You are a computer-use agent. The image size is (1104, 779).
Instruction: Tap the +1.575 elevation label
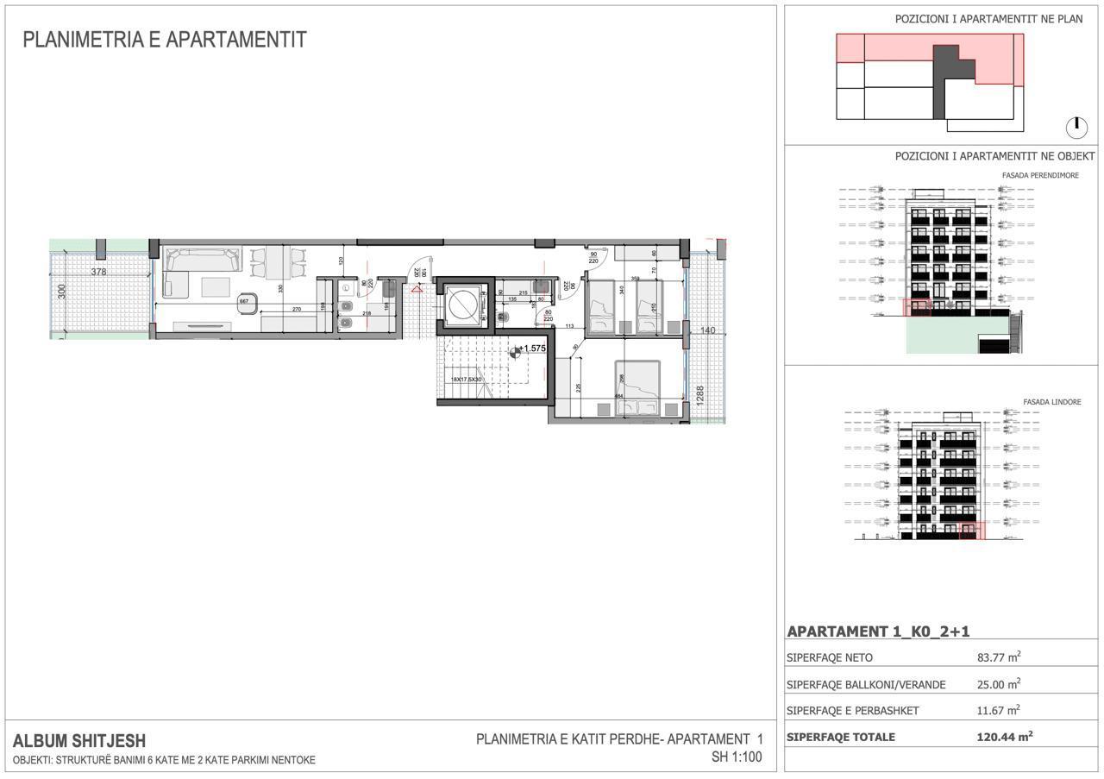[x=533, y=349]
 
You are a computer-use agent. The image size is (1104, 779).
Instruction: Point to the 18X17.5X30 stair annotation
[x=466, y=380]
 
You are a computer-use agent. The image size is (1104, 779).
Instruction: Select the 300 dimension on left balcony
[x=61, y=292]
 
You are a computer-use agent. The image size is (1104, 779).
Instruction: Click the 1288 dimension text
[x=700, y=395]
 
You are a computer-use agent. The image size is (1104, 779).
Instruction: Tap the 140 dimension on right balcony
[x=707, y=330]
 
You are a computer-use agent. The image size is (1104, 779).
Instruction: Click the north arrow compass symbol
[x=1076, y=128]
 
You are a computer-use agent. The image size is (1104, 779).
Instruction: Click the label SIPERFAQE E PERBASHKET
[x=852, y=711]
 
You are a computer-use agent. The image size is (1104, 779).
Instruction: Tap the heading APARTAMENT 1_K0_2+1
[x=878, y=631]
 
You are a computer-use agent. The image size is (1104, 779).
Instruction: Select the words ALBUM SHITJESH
[x=79, y=740]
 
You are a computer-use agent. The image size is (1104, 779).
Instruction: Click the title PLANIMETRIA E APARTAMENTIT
[x=164, y=40]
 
